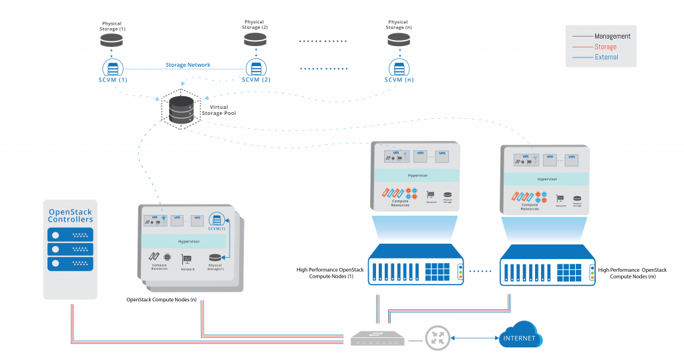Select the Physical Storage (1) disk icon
(x=112, y=41)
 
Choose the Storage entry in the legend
(x=605, y=47)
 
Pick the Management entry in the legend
(x=612, y=36)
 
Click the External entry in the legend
(x=606, y=57)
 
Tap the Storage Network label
(x=188, y=65)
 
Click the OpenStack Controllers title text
(x=71, y=215)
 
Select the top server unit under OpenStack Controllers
(x=71, y=235)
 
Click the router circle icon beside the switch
(x=438, y=339)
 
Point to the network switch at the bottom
(x=377, y=338)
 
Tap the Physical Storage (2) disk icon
(x=254, y=41)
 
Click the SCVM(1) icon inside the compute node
(x=216, y=220)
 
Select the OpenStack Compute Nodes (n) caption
(x=161, y=300)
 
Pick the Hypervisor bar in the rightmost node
(x=548, y=179)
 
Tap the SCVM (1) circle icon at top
(x=112, y=68)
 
